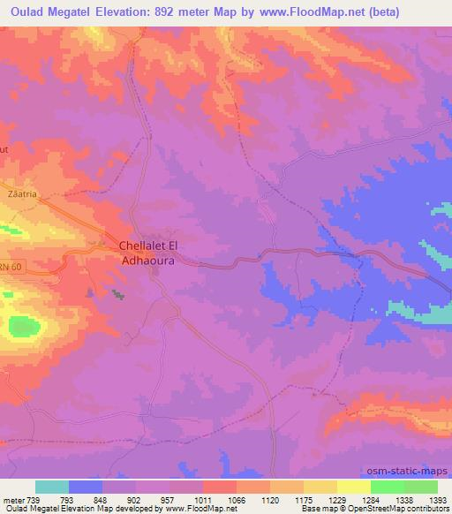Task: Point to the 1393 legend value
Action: coord(437,499)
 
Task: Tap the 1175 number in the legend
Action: coord(303,499)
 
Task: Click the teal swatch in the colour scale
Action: coord(52,487)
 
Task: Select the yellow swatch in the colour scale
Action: coord(354,487)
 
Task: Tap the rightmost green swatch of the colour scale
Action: coord(421,487)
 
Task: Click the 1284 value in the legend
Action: coord(370,499)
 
